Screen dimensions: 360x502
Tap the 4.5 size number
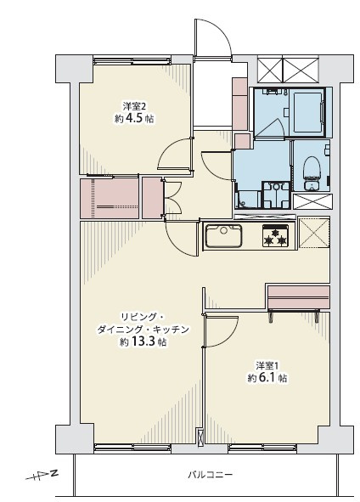134,118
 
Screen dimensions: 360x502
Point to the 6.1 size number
267,378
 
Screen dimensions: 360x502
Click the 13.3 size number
143,342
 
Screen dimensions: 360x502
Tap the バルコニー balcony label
210,474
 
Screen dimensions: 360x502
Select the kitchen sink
223,235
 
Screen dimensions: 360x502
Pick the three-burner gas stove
275,235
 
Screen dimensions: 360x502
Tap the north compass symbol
42,475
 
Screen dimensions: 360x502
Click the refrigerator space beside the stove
313,233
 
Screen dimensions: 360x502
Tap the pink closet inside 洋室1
299,298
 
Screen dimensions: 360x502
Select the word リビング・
143,318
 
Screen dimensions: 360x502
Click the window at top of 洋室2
132,61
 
